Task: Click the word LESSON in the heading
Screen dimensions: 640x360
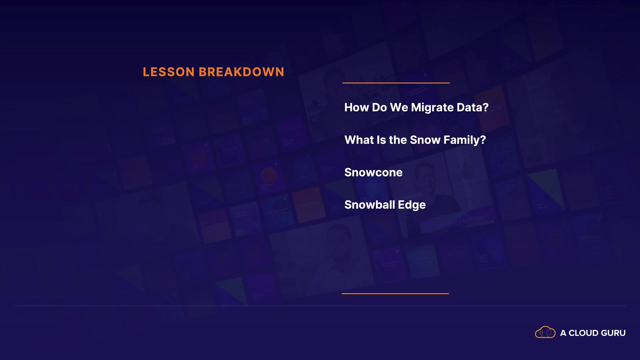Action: pyautogui.click(x=169, y=72)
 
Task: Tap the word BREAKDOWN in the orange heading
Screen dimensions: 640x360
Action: pyautogui.click(x=242, y=72)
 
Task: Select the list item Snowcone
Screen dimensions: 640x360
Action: pyautogui.click(x=373, y=172)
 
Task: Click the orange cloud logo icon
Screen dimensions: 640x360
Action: pyautogui.click(x=545, y=332)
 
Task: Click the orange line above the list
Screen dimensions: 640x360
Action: pyautogui.click(x=396, y=83)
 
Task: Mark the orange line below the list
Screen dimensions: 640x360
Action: pyautogui.click(x=395, y=294)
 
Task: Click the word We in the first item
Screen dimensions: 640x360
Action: pyautogui.click(x=399, y=107)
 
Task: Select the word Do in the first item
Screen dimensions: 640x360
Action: pyautogui.click(x=379, y=107)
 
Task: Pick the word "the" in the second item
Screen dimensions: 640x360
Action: pyautogui.click(x=398, y=140)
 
